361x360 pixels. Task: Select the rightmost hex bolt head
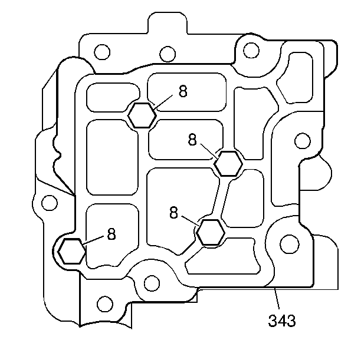pyautogui.click(x=227, y=163)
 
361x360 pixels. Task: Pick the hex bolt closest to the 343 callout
pyautogui.click(x=210, y=232)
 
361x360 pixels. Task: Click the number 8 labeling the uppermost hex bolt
pyautogui.click(x=183, y=93)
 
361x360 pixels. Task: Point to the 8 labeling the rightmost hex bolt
pyautogui.click(x=193, y=140)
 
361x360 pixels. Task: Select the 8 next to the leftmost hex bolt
pyautogui.click(x=111, y=233)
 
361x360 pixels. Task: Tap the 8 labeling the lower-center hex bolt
pyautogui.click(x=173, y=213)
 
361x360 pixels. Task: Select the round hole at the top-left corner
pyautogui.click(x=102, y=52)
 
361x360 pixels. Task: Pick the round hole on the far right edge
pyautogui.click(x=302, y=141)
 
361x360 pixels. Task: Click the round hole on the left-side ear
pyautogui.click(x=50, y=203)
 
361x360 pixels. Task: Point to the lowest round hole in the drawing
pyautogui.click(x=104, y=305)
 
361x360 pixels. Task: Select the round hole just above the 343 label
pyautogui.click(x=288, y=243)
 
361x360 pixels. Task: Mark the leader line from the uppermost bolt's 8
pyautogui.click(x=164, y=101)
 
